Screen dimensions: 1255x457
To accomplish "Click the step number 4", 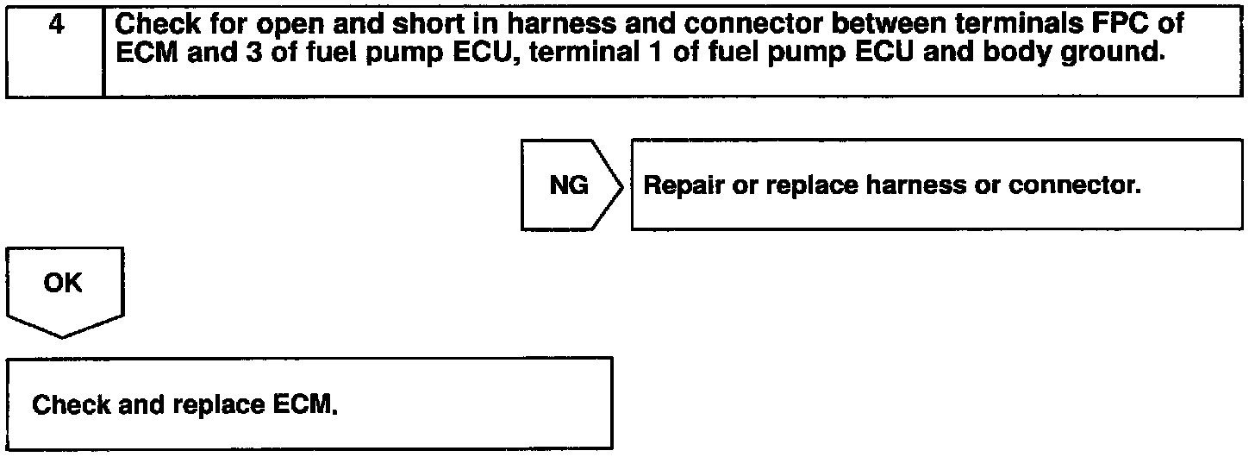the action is tap(57, 24).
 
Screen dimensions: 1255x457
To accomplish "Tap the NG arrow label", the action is tap(569, 185).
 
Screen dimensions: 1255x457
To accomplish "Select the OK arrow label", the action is tap(63, 283).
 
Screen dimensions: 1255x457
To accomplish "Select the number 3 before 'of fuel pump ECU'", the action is tap(253, 52).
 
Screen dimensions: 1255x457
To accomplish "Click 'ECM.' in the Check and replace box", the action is tap(305, 404).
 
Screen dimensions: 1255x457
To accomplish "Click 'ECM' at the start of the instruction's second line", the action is tap(147, 52).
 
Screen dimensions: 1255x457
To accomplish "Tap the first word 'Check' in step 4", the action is tap(158, 23).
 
